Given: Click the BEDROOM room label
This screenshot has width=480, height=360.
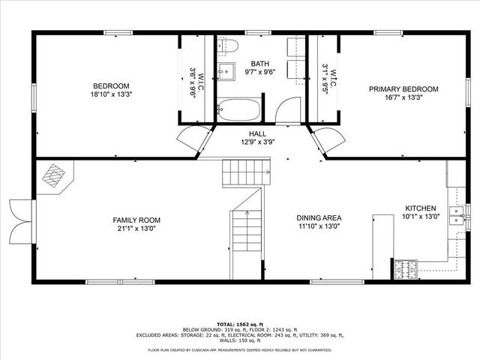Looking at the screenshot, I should click(x=111, y=85).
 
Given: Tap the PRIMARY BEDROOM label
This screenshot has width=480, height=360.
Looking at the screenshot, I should click(x=403, y=88).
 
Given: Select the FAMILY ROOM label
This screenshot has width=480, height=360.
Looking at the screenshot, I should click(x=136, y=220).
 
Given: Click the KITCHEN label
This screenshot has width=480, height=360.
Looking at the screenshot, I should click(x=420, y=208).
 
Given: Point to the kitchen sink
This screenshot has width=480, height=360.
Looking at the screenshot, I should click(x=454, y=217).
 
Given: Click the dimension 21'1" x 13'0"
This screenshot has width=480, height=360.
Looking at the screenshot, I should click(x=136, y=230).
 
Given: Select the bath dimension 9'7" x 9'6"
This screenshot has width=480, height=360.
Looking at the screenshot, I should click(x=260, y=73).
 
